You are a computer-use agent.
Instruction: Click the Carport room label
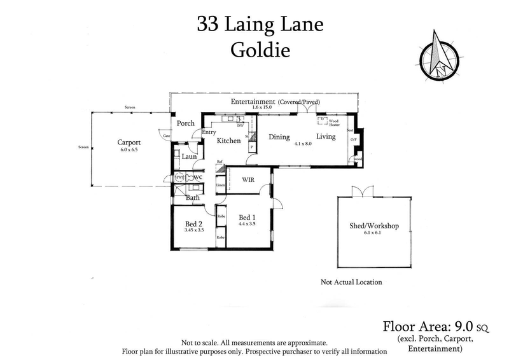129,142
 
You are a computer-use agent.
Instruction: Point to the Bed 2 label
193,223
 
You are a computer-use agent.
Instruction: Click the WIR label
248,179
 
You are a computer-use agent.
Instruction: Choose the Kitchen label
228,141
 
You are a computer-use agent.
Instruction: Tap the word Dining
279,137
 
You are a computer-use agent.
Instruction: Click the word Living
326,137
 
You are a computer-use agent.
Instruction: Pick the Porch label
185,123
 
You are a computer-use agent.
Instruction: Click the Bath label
192,198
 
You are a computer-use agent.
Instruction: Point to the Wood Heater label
334,122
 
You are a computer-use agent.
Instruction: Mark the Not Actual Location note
352,282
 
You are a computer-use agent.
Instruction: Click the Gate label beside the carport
167,135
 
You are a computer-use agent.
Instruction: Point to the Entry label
208,132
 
